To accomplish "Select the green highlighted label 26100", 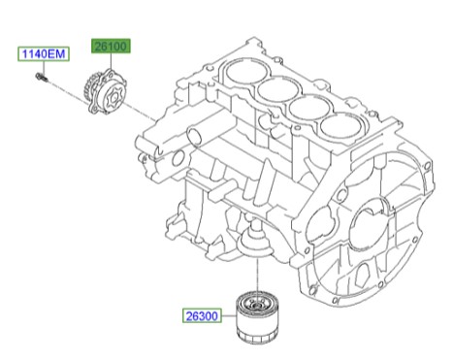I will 112,46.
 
